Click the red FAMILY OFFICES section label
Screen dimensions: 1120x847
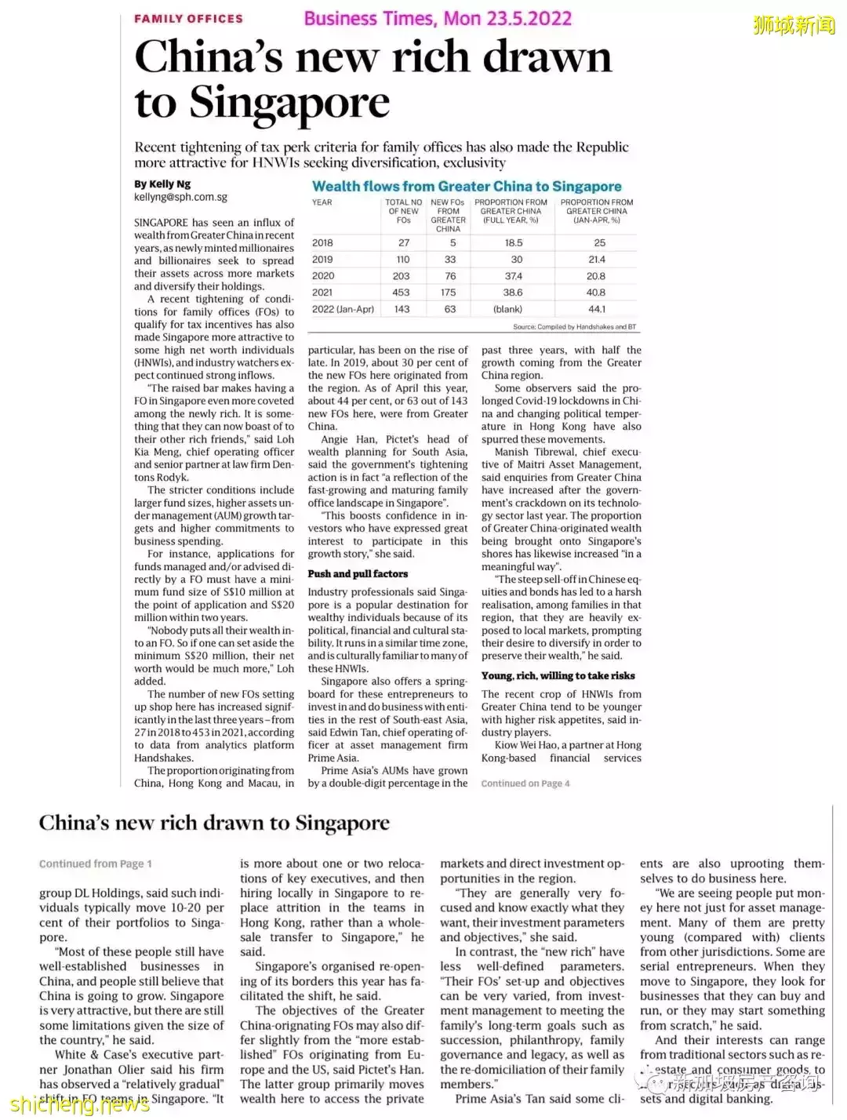click(x=188, y=18)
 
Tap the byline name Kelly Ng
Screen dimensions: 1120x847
click(x=162, y=184)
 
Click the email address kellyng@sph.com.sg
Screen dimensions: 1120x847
click(x=180, y=198)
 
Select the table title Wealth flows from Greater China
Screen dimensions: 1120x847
click(x=467, y=187)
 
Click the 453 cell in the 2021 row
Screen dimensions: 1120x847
click(x=401, y=293)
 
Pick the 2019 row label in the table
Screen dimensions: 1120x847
click(x=322, y=260)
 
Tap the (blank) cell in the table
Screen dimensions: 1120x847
click(x=507, y=309)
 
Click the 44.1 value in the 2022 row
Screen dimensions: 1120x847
click(x=596, y=309)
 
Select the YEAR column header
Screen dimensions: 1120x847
click(x=322, y=202)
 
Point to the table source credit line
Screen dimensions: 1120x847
click(x=574, y=327)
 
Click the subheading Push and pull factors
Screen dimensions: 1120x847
click(x=358, y=574)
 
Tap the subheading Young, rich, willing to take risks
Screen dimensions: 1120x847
click(x=558, y=676)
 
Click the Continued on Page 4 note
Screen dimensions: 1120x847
click(x=525, y=784)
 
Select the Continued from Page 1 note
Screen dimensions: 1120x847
click(x=96, y=864)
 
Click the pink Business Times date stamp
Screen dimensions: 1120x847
click(x=438, y=18)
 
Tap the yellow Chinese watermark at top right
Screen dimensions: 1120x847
click(x=794, y=25)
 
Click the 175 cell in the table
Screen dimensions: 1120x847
click(x=448, y=293)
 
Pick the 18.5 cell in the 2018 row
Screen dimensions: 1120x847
click(x=513, y=243)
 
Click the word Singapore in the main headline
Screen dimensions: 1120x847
click(x=289, y=103)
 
